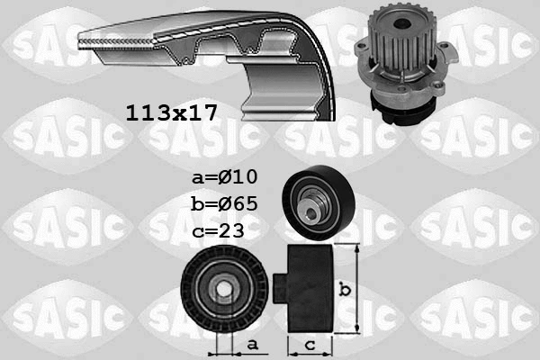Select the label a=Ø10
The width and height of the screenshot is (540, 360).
point(224,176)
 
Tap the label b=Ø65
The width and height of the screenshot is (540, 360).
point(224,202)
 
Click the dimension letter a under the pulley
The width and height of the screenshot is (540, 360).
point(253,343)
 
